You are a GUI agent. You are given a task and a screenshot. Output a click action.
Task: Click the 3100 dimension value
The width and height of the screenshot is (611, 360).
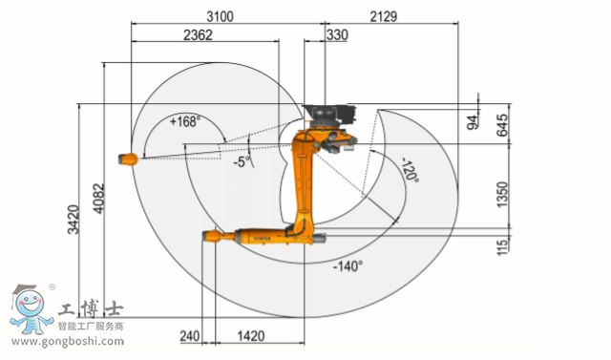(x=221, y=17)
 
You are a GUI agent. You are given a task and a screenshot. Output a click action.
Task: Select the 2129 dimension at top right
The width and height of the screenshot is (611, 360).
(x=384, y=17)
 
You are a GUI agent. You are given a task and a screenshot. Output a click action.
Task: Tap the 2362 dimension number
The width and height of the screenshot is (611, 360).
(x=198, y=35)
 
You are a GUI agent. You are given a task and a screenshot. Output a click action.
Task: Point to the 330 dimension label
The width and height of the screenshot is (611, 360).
(x=337, y=35)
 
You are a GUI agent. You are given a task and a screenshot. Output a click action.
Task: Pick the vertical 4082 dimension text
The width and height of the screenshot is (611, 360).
(x=99, y=199)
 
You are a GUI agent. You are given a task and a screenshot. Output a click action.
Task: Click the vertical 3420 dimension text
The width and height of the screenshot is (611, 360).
(x=74, y=220)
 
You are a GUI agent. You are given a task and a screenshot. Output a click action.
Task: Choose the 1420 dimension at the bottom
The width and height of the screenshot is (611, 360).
(x=251, y=336)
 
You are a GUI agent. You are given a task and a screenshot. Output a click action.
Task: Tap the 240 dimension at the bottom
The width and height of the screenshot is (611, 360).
(x=190, y=336)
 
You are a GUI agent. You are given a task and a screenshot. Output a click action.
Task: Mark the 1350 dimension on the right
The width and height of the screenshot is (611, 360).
(x=503, y=195)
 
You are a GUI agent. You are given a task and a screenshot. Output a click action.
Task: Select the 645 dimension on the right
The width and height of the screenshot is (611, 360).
(x=503, y=125)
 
